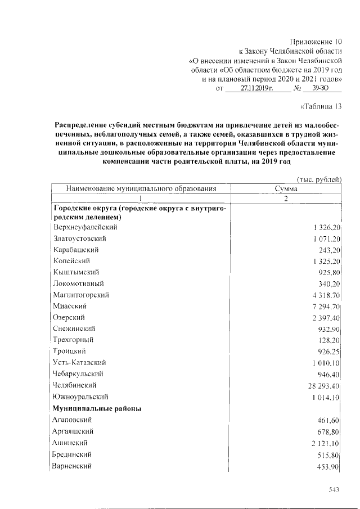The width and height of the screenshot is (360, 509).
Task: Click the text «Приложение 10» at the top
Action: (x=316, y=42)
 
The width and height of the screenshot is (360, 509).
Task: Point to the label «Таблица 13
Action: (x=322, y=106)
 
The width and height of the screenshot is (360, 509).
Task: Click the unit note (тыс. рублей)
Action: (x=319, y=179)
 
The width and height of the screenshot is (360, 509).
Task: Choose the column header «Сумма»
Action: (x=286, y=189)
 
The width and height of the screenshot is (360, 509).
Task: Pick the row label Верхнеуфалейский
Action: (x=85, y=227)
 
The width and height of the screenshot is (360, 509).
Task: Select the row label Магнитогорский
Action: (x=81, y=295)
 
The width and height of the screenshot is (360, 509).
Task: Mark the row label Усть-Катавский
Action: (x=79, y=362)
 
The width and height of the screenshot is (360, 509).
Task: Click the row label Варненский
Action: (x=72, y=466)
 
